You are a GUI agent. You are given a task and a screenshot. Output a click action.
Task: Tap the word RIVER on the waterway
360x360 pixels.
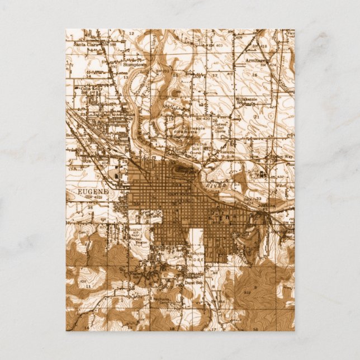(x=221, y=183)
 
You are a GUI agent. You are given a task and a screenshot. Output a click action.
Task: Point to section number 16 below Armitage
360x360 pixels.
(x=255, y=74)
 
